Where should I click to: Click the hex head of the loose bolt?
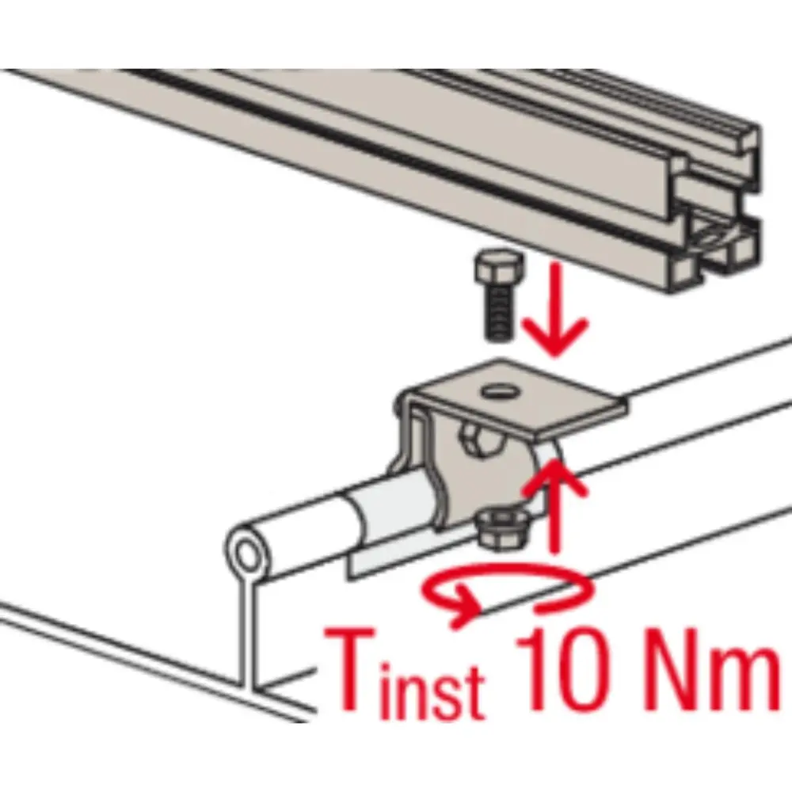499,267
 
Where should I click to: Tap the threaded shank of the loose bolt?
500,312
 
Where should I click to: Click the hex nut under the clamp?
501,529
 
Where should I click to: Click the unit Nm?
707,668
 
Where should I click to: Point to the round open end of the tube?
247,556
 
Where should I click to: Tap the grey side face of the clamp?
480,480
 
